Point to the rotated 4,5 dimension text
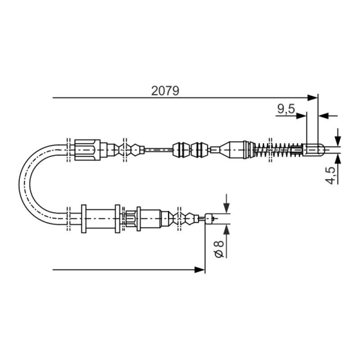point(331,175)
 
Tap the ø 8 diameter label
point(219,249)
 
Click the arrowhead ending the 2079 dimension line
point(313,97)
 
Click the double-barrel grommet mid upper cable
point(191,149)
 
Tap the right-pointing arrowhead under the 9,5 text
point(301,116)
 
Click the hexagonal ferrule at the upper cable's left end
point(85,149)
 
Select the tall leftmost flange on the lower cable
point(84,219)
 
